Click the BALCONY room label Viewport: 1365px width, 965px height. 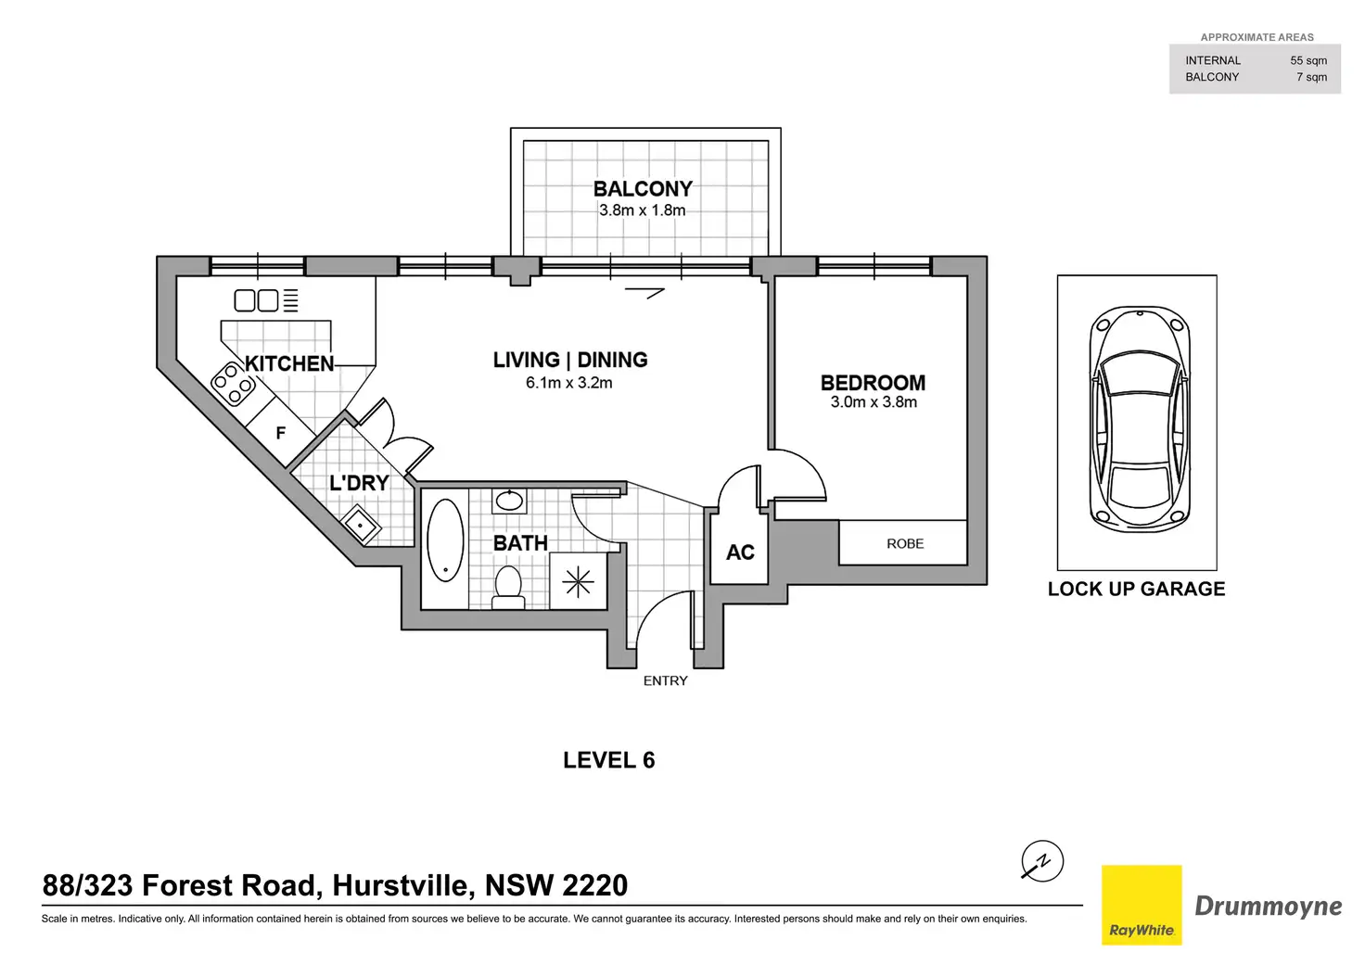(643, 189)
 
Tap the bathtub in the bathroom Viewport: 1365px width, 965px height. (445, 541)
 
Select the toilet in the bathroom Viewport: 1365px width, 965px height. (508, 587)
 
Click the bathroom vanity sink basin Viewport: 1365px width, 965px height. (509, 502)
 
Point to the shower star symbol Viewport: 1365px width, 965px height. (578, 581)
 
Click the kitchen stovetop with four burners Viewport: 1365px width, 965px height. (233, 383)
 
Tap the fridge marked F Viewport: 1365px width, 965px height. (280, 433)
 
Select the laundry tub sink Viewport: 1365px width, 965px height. (361, 526)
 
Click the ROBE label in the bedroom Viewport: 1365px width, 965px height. (905, 544)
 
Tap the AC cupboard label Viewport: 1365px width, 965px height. (740, 552)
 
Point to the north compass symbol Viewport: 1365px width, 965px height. (1041, 861)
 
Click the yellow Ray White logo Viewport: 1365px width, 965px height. (1142, 905)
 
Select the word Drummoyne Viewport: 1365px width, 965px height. (1268, 906)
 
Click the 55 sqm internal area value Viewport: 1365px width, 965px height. (1308, 60)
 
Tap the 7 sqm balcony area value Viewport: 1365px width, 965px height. (1311, 77)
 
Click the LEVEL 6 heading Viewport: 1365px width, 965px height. (608, 760)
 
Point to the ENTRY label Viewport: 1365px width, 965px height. (665, 680)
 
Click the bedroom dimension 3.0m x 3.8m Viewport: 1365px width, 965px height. (874, 402)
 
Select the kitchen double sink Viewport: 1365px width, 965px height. (257, 300)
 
